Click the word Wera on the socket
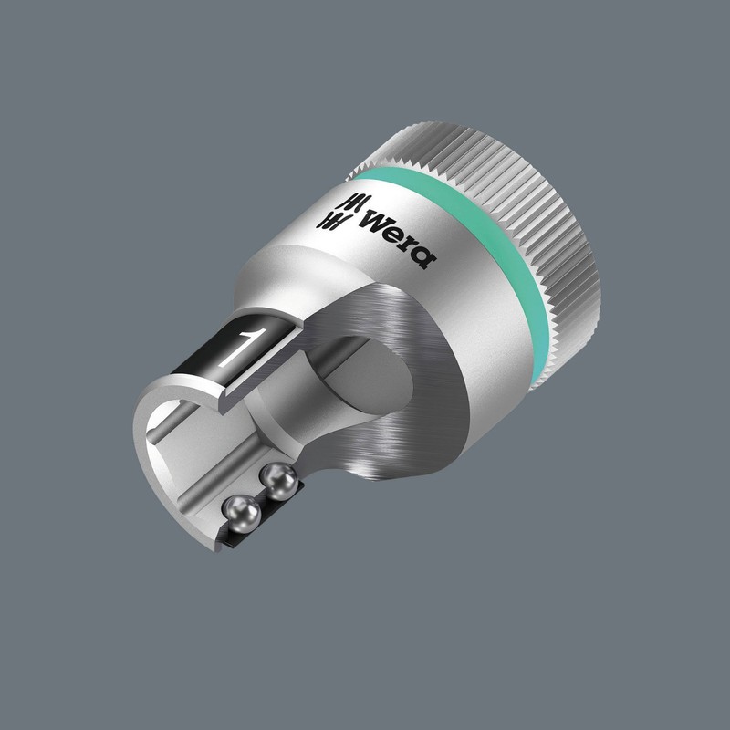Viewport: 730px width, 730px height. [397, 236]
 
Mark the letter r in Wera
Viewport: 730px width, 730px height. [407, 246]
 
